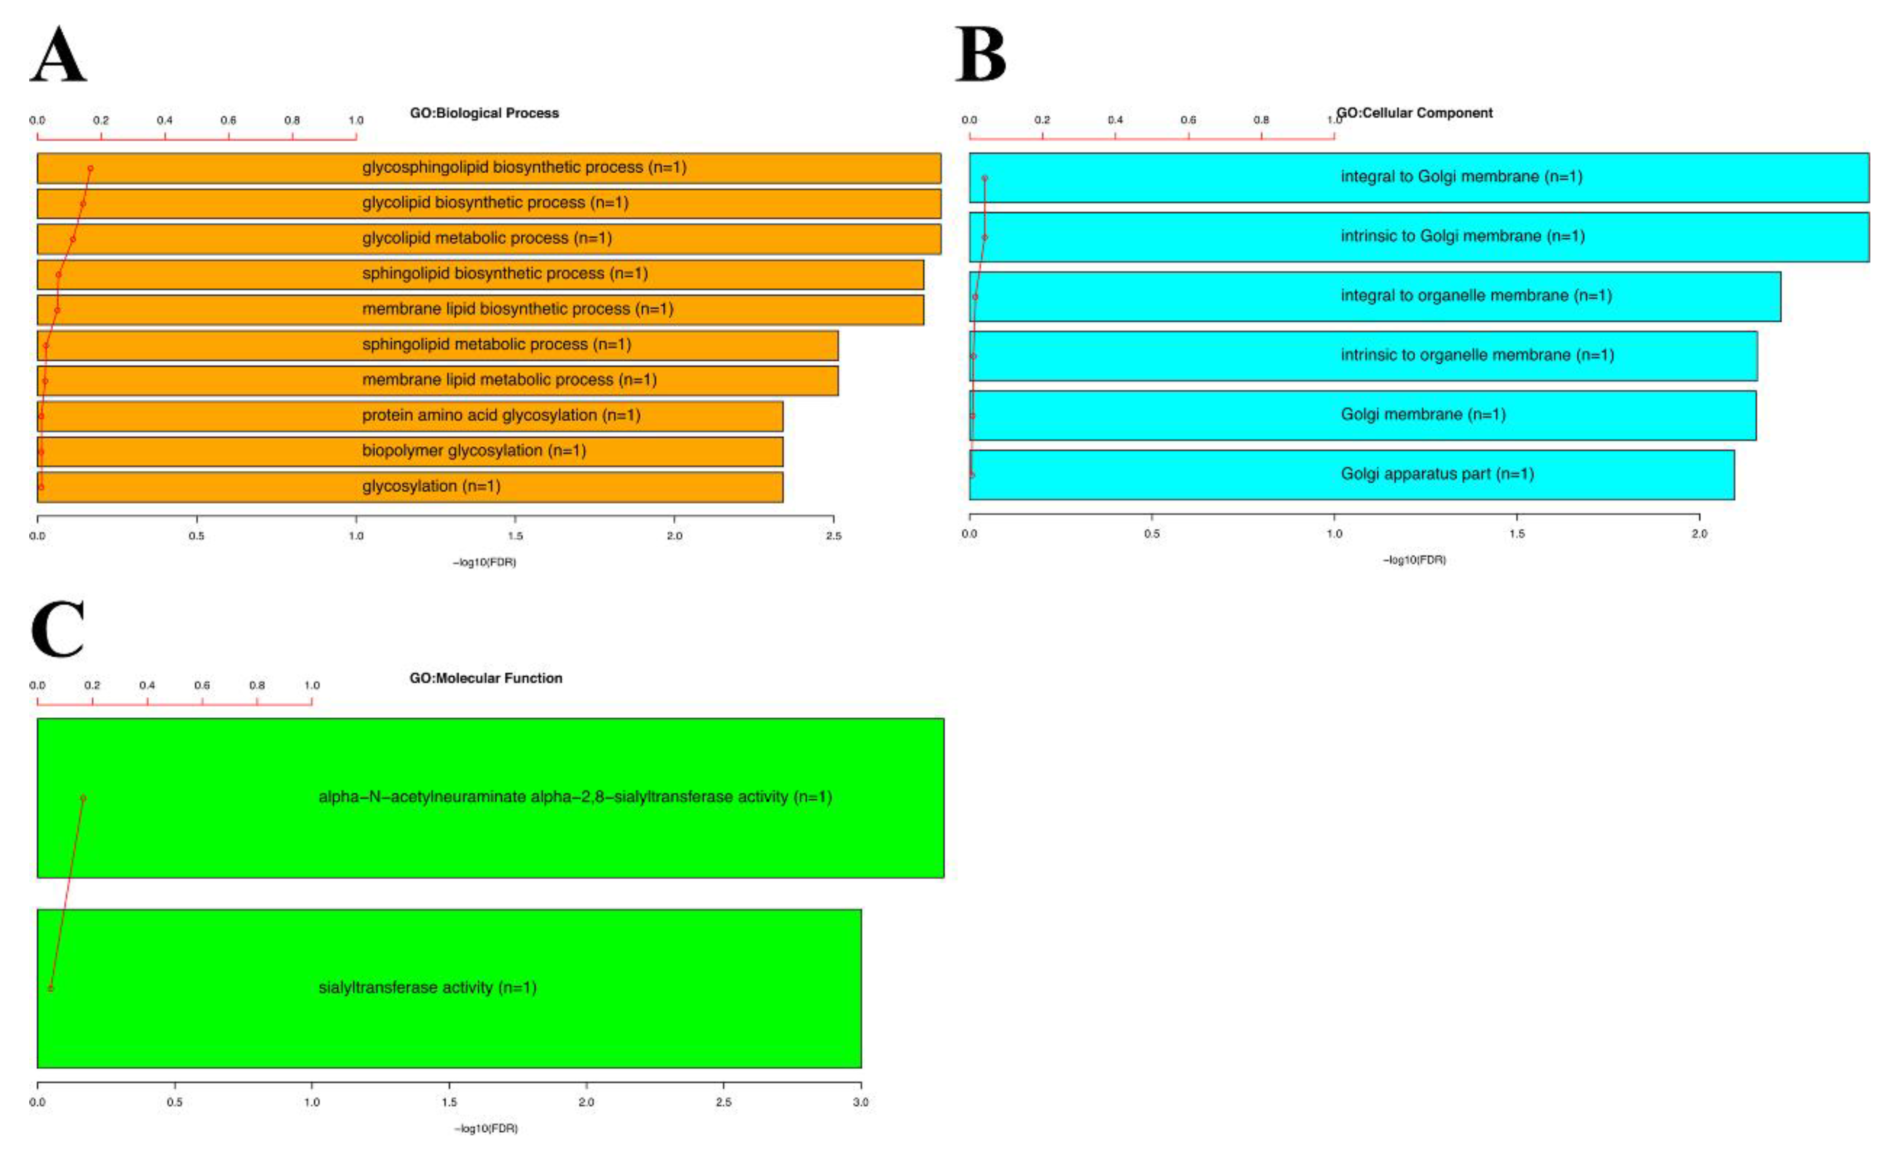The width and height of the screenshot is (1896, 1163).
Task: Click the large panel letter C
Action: (58, 629)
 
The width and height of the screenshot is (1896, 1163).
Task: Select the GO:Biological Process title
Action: (484, 113)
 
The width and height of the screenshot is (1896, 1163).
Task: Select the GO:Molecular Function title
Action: (485, 678)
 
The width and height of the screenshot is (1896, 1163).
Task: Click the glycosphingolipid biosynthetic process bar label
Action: (524, 167)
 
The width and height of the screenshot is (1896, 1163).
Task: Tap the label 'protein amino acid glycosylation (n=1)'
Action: (501, 416)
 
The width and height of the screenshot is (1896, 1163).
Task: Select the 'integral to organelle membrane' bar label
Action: (1476, 296)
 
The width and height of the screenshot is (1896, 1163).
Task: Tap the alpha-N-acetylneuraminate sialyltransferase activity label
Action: (575, 797)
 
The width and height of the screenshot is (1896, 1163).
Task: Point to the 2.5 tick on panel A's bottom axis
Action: (833, 535)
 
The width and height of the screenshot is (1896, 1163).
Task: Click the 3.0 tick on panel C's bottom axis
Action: (860, 1102)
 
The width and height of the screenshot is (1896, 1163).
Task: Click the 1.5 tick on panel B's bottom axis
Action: (1516, 534)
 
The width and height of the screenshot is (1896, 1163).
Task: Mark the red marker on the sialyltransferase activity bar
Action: (51, 988)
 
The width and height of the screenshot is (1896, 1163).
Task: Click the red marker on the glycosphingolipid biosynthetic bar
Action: (90, 169)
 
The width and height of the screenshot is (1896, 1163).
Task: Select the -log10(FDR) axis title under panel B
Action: (1414, 560)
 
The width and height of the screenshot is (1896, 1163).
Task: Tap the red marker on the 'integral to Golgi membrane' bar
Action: (984, 178)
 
